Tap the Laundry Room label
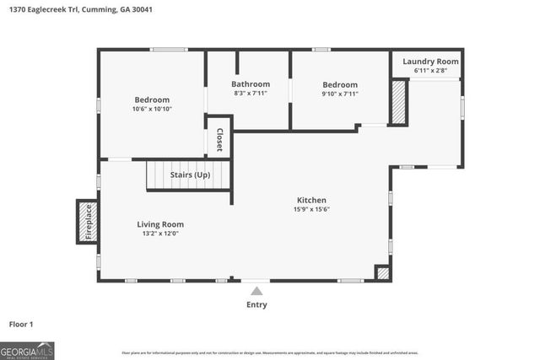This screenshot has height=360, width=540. [x=429, y=62]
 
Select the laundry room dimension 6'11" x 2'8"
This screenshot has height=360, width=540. [x=429, y=71]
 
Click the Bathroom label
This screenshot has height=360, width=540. [x=251, y=84]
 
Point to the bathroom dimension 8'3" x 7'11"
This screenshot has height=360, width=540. [x=251, y=94]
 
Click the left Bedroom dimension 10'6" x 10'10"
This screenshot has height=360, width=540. [x=152, y=109]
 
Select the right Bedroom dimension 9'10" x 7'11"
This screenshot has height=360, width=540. [x=340, y=94]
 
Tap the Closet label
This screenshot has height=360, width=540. [x=219, y=139]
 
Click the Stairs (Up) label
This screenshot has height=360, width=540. [x=190, y=175]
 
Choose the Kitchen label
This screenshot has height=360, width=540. [x=311, y=200]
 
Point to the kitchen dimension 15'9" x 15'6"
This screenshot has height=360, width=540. [x=311, y=209]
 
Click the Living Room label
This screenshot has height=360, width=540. [x=160, y=224]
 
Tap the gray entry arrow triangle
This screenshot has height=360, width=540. [x=256, y=291]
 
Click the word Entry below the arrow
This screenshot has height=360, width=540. [x=256, y=304]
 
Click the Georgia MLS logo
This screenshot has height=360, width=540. [x=27, y=350]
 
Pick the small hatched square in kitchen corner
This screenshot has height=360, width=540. [x=383, y=272]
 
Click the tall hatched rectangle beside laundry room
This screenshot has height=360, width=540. [x=399, y=102]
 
